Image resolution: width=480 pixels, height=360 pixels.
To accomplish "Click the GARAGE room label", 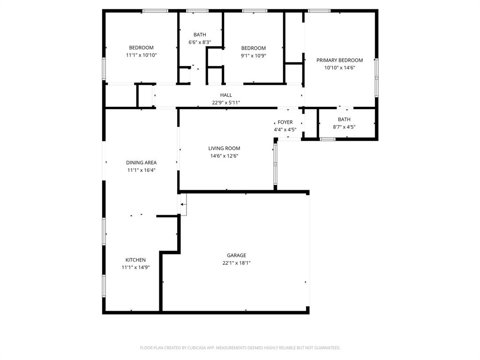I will (236, 255).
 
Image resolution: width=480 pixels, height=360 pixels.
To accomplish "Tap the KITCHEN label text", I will (135, 260).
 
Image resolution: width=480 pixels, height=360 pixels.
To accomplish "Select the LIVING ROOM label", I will (224, 149).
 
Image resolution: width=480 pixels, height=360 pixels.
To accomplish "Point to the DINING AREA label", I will (141, 163).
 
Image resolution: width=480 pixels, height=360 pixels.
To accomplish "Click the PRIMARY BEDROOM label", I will (339, 60).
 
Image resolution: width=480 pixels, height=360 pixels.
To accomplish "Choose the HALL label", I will (226, 95).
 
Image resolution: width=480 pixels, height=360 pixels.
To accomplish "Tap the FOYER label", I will (285, 122).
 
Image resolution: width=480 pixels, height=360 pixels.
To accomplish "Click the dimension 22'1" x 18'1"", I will (236, 263).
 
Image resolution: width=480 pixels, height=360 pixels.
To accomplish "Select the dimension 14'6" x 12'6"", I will (224, 156).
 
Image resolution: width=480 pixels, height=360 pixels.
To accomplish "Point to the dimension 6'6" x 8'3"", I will (200, 42).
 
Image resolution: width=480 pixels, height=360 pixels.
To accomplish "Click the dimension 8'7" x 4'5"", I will (344, 127).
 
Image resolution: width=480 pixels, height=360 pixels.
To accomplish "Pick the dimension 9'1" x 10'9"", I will (253, 55).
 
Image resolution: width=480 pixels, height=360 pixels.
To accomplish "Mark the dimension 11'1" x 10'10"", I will (141, 55).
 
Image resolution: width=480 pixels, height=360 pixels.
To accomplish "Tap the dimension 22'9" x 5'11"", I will (226, 103).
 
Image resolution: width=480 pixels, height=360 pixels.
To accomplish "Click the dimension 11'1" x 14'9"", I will (135, 267).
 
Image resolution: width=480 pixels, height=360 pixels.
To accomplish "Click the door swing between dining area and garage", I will (183, 205).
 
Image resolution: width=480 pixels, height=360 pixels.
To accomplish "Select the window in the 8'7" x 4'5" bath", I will (327, 139).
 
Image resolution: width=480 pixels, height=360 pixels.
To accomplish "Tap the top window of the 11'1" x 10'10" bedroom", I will (155, 11).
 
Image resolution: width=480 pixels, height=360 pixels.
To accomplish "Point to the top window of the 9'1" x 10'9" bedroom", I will (255, 11).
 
